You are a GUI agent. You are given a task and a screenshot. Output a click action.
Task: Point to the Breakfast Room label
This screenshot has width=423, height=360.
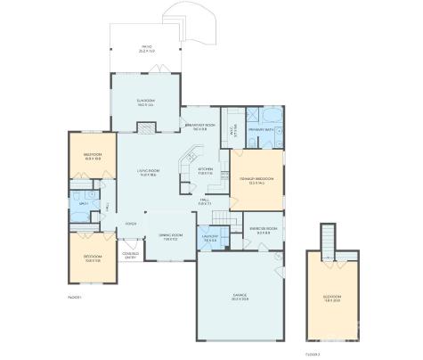(197, 127)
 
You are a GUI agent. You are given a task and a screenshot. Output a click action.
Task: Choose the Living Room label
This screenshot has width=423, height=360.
(147, 174)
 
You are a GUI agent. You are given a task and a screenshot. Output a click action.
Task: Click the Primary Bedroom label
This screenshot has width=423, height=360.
(256, 181)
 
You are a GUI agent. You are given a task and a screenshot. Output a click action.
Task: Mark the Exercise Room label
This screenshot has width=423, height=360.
(264, 229)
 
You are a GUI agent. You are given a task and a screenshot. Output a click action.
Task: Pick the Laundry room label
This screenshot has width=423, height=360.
(210, 239)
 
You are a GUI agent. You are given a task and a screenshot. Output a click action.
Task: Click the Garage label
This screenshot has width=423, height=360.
(240, 297)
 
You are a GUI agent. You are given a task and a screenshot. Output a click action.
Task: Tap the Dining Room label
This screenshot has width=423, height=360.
(169, 236)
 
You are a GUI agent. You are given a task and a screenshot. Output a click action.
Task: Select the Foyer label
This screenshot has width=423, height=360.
(131, 224)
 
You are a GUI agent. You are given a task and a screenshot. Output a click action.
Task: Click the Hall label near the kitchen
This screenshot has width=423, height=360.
(206, 201)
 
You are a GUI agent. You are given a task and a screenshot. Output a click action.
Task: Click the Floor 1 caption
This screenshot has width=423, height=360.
(74, 297)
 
